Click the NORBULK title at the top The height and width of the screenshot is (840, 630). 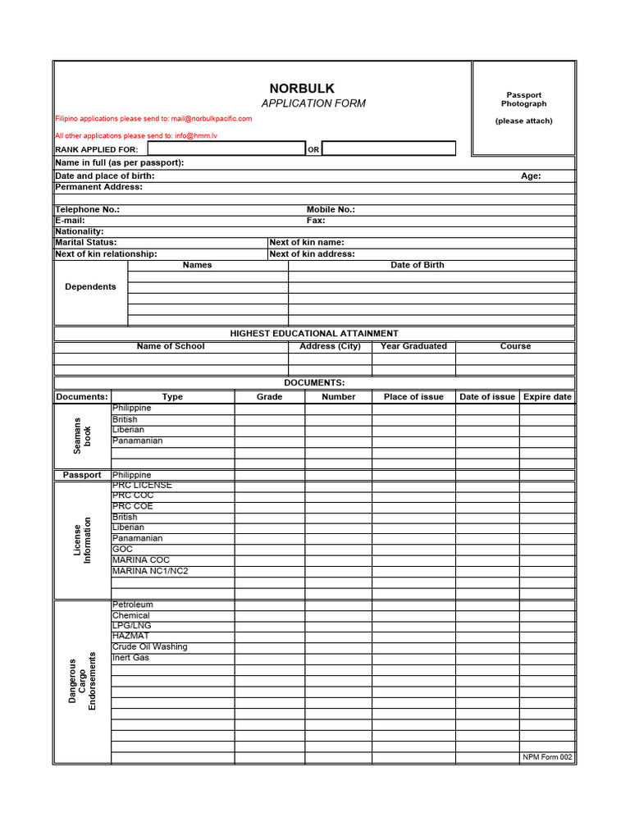tap(302, 89)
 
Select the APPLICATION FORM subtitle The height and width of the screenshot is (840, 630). tap(313, 103)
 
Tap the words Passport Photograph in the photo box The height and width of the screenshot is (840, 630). tap(523, 99)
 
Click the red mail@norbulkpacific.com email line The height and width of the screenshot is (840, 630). tap(153, 119)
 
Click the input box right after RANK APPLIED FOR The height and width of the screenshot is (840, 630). tap(226, 148)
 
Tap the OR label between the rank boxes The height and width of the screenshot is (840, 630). tap(313, 150)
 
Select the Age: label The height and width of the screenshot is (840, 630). tap(531, 176)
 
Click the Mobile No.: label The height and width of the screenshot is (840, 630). tap(331, 210)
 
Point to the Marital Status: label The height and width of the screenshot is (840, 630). tap(86, 243)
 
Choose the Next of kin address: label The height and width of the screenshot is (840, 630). tap(313, 254)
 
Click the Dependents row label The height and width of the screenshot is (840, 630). tap(90, 287)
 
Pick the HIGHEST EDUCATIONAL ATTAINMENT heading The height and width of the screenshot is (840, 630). tap(314, 334)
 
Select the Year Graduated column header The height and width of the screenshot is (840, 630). tap(413, 346)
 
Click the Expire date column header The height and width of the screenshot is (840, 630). tap(547, 397)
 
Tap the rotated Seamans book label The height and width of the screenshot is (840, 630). tap(83, 436)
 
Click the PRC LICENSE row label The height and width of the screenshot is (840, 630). tap(142, 486)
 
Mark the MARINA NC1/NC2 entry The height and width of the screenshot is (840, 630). tap(150, 571)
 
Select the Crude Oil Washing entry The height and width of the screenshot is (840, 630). tap(149, 647)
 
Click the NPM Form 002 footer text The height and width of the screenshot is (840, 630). tap(547, 757)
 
